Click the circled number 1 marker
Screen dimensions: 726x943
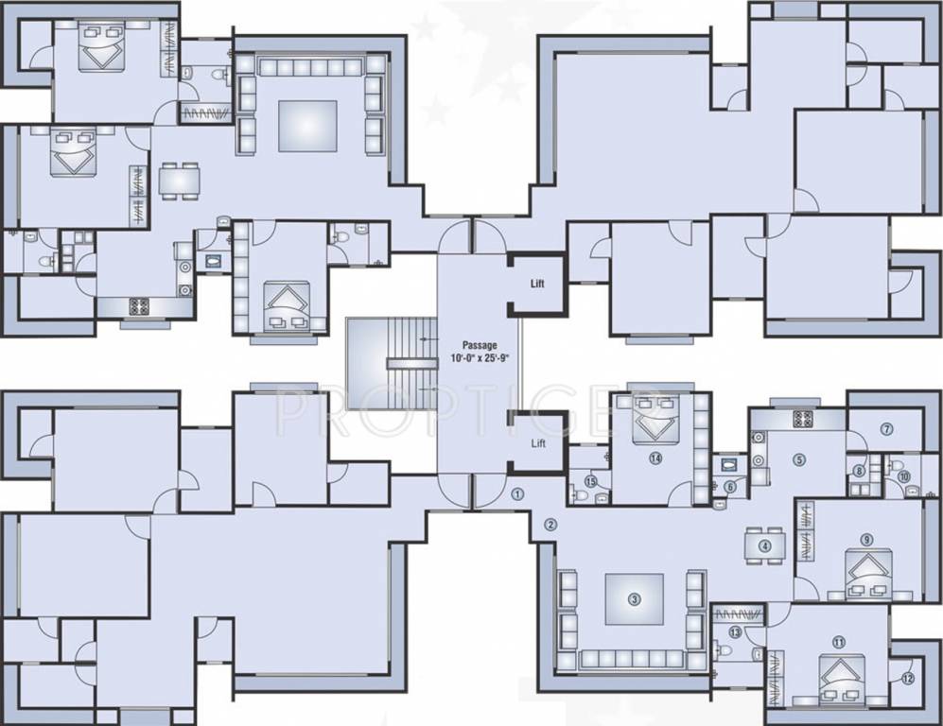(x=517, y=493)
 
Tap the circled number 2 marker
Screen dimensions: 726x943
(x=550, y=525)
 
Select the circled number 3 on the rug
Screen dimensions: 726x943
(x=635, y=598)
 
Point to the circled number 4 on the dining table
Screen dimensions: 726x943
(x=765, y=545)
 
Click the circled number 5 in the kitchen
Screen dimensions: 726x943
(x=799, y=460)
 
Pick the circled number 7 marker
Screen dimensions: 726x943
(x=887, y=429)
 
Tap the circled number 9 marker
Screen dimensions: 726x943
(x=866, y=540)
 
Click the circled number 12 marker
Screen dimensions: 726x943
(x=907, y=677)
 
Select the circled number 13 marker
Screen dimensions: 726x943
(x=736, y=632)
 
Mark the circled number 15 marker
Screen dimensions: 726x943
(x=591, y=481)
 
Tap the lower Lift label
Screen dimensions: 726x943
(x=538, y=442)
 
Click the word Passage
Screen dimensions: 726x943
(x=480, y=345)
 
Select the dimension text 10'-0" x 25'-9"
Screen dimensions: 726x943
(x=480, y=359)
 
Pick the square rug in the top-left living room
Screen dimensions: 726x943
(x=307, y=126)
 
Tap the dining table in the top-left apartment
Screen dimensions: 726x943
(x=179, y=180)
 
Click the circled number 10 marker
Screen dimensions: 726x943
(x=904, y=477)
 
